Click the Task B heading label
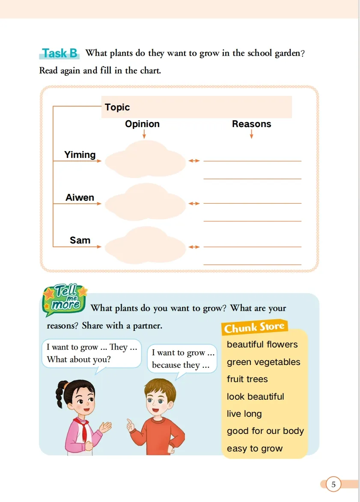(x=60, y=53)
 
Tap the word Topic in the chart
(x=117, y=107)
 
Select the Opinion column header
(x=142, y=124)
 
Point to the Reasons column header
(x=251, y=124)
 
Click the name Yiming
(x=80, y=155)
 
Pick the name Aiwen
(x=80, y=198)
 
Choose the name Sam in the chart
(x=80, y=241)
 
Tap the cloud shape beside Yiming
(x=146, y=159)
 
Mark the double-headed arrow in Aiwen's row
(x=194, y=204)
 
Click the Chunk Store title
(x=254, y=328)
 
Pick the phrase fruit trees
(x=247, y=379)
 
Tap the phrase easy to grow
(x=255, y=449)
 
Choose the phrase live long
(x=244, y=414)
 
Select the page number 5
(x=333, y=484)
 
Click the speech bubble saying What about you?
(x=91, y=353)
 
